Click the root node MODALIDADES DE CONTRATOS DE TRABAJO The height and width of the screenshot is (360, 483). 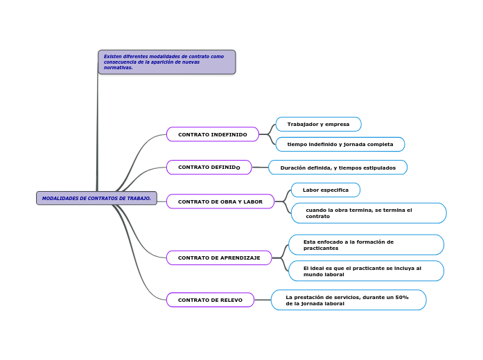coord(96,198)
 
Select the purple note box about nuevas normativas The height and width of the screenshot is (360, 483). coord(166,62)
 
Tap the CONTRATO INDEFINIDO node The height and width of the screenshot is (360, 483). coord(212,134)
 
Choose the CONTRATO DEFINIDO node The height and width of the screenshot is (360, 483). coord(209,168)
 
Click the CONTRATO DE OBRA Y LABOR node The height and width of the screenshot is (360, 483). coord(220,201)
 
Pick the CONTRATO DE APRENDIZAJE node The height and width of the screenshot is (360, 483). coord(219,258)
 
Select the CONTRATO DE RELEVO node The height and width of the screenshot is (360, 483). coord(210,300)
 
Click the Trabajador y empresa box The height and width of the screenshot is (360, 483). coord(318,124)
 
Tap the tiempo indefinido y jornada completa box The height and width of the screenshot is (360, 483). coord(340,144)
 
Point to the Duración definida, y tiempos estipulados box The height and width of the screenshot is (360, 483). coord(337,168)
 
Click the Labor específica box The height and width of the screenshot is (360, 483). coord(325,190)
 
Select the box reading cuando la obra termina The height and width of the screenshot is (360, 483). coord(368,213)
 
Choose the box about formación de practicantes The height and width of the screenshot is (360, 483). coord(365,244)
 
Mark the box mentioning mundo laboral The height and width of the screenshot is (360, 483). coord(365,271)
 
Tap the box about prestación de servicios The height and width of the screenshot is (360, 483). coord(348,300)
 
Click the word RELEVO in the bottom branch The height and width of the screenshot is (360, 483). coord(230,300)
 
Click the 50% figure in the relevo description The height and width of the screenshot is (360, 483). coord(401,297)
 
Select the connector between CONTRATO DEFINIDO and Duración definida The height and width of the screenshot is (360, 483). coord(260,168)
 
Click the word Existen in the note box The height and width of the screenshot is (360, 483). coord(112,56)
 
